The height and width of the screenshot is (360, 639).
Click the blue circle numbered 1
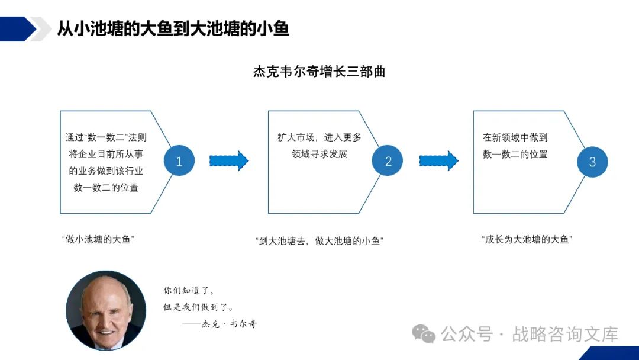click(179, 161)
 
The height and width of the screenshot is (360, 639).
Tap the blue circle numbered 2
click(388, 161)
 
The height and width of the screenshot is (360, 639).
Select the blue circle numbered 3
click(592, 162)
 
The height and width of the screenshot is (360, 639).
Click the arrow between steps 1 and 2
click(228, 160)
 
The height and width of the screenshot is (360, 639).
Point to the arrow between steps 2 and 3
click(438, 160)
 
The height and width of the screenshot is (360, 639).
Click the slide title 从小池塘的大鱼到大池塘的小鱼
click(173, 28)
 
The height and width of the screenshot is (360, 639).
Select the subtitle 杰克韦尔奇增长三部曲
click(319, 72)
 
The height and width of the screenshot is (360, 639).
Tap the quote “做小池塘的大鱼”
click(98, 240)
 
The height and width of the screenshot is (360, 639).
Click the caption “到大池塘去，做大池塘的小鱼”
click(319, 241)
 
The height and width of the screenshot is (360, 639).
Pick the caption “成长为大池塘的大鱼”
click(527, 240)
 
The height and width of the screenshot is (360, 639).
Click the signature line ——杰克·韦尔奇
click(220, 324)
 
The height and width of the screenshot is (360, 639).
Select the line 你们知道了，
click(189, 291)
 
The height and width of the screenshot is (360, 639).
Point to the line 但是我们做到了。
click(199, 307)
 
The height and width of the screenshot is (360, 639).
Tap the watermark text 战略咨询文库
click(565, 334)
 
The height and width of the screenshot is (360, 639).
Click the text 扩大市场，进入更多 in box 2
click(319, 137)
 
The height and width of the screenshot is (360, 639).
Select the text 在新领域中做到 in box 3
click(515, 137)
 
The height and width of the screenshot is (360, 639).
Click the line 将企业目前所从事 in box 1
click(106, 155)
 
